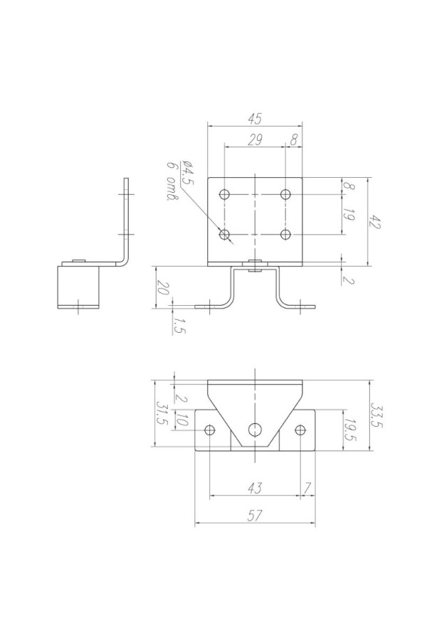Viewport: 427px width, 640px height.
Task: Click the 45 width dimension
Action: pyautogui.click(x=255, y=119)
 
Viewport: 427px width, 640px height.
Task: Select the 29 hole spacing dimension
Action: pyautogui.click(x=255, y=139)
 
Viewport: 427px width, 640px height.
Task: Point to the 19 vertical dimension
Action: pyautogui.click(x=348, y=214)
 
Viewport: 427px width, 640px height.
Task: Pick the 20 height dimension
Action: pyautogui.click(x=163, y=288)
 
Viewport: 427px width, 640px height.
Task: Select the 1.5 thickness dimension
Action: pyautogui.click(x=179, y=326)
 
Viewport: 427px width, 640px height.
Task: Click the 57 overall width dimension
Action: pyautogui.click(x=255, y=516)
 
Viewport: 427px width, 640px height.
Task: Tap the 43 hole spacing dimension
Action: pyautogui.click(x=255, y=488)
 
